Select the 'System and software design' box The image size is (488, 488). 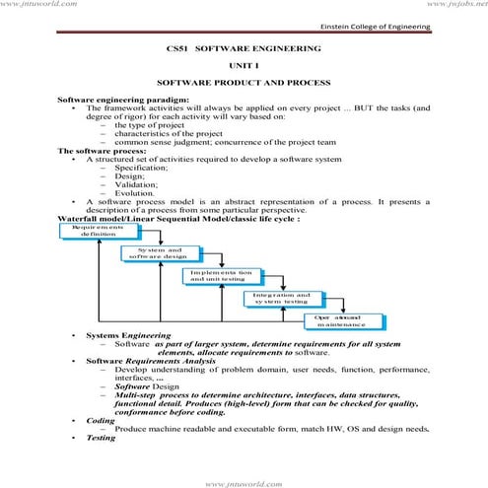click(153, 253)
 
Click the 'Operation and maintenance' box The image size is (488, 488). click(341, 319)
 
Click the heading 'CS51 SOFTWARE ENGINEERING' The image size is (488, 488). click(244, 47)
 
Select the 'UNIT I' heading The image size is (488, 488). click(244, 64)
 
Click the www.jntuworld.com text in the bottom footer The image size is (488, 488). click(244, 482)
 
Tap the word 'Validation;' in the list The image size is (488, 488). click(137, 183)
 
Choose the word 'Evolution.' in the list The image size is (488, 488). click(136, 192)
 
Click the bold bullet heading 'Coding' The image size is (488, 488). click(101, 420)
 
